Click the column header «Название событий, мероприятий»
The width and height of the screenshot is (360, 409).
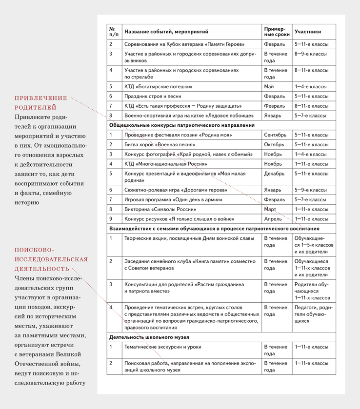(x=166, y=32)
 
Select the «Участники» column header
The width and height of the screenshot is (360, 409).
(x=308, y=32)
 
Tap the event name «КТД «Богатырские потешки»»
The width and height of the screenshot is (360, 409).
(x=159, y=87)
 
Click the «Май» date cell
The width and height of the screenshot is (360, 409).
(x=269, y=87)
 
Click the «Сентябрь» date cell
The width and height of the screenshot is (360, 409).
(x=279, y=135)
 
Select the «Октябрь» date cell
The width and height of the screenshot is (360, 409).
(x=276, y=145)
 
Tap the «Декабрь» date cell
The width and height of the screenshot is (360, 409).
(x=276, y=173)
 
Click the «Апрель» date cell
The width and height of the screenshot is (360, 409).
(x=273, y=219)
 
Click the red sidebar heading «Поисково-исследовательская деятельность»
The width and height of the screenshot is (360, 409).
(x=51, y=259)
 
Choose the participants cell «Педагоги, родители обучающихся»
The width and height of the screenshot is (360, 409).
(x=313, y=314)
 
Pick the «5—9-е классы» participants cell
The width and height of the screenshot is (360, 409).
(x=311, y=190)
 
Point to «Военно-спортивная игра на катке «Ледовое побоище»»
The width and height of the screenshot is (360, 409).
(x=189, y=116)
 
